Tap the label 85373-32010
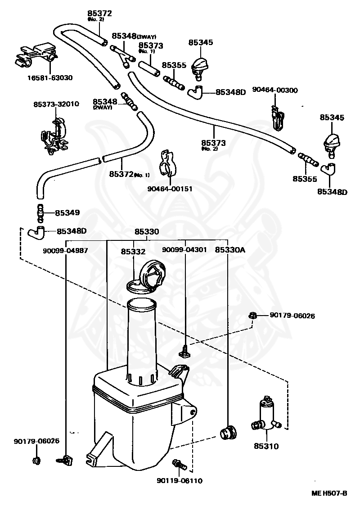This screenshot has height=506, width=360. (56, 104)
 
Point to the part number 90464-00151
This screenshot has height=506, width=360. (170, 189)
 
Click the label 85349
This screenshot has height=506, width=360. (67, 212)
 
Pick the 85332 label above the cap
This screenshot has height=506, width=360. (133, 252)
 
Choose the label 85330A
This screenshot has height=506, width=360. (230, 249)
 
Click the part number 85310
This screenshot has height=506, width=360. (266, 447)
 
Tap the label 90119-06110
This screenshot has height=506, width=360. (180, 480)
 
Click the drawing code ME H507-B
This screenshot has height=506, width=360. (329, 493)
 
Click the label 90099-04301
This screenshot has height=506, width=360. (184, 249)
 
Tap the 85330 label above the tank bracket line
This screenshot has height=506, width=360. (147, 232)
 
